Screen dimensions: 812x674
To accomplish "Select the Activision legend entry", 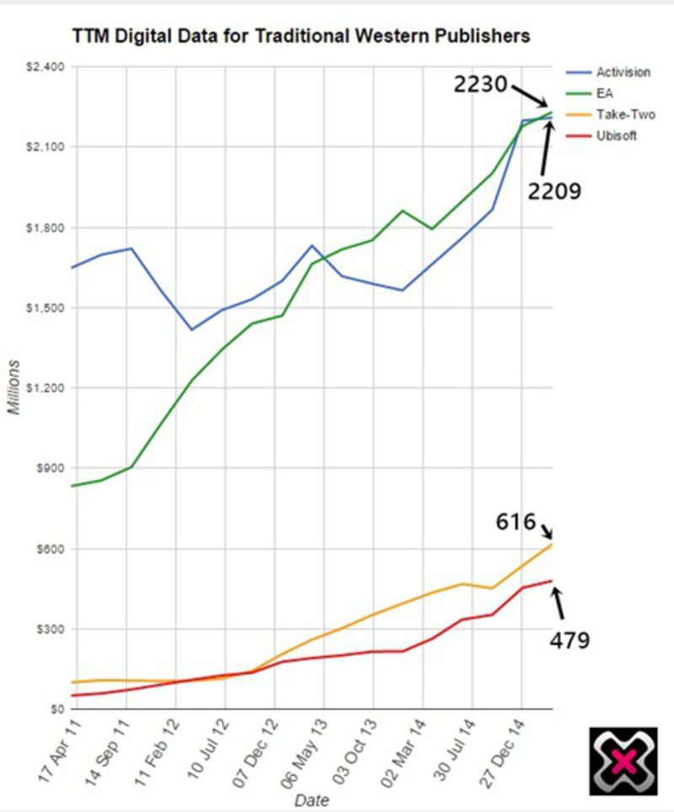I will click(623, 72).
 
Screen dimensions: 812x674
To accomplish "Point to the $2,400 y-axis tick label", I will click(48, 67).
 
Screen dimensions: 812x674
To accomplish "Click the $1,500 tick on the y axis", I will click(48, 307).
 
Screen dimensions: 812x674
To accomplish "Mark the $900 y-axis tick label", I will click(51, 468).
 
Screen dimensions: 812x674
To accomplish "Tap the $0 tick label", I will click(57, 709).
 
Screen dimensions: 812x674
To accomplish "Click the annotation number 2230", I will click(481, 84).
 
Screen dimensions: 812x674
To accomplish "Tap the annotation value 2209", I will click(555, 191).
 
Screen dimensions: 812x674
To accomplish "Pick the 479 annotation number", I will click(570, 640).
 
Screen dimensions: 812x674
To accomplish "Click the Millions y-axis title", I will click(14, 387).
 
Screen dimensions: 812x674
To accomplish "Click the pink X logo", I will click(623, 761).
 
